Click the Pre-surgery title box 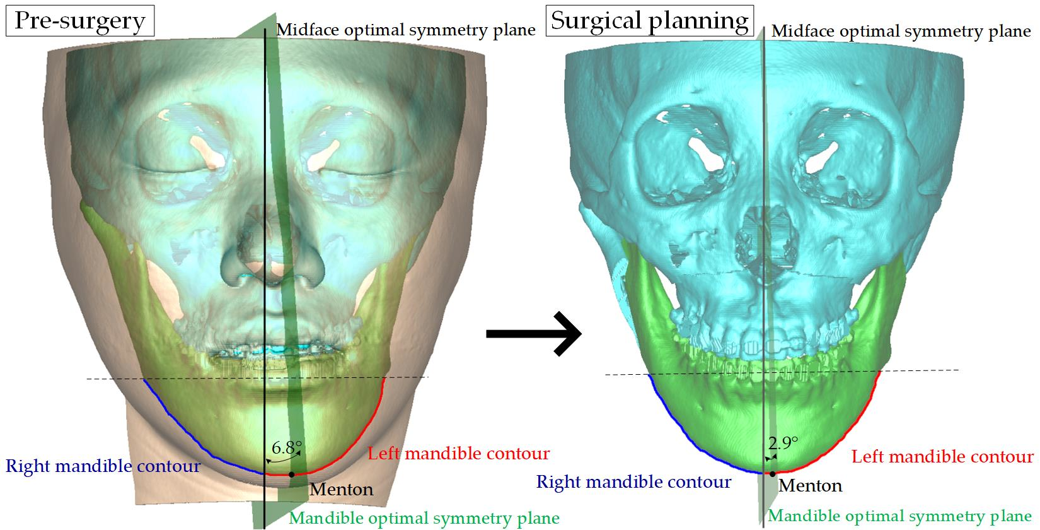click(79, 21)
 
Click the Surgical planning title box click(649, 20)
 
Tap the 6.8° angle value click(287, 449)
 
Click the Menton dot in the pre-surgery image click(291, 474)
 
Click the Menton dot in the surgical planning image click(772, 473)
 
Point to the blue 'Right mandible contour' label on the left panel click(103, 467)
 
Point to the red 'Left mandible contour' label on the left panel click(458, 453)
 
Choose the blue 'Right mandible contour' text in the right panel click(633, 482)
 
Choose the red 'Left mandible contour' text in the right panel click(942, 456)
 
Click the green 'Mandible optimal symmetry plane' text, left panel click(424, 519)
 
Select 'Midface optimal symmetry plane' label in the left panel click(406, 30)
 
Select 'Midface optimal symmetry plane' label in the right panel click(901, 31)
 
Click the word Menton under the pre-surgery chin click(342, 489)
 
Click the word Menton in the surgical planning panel click(811, 485)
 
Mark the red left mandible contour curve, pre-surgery click(366, 435)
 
